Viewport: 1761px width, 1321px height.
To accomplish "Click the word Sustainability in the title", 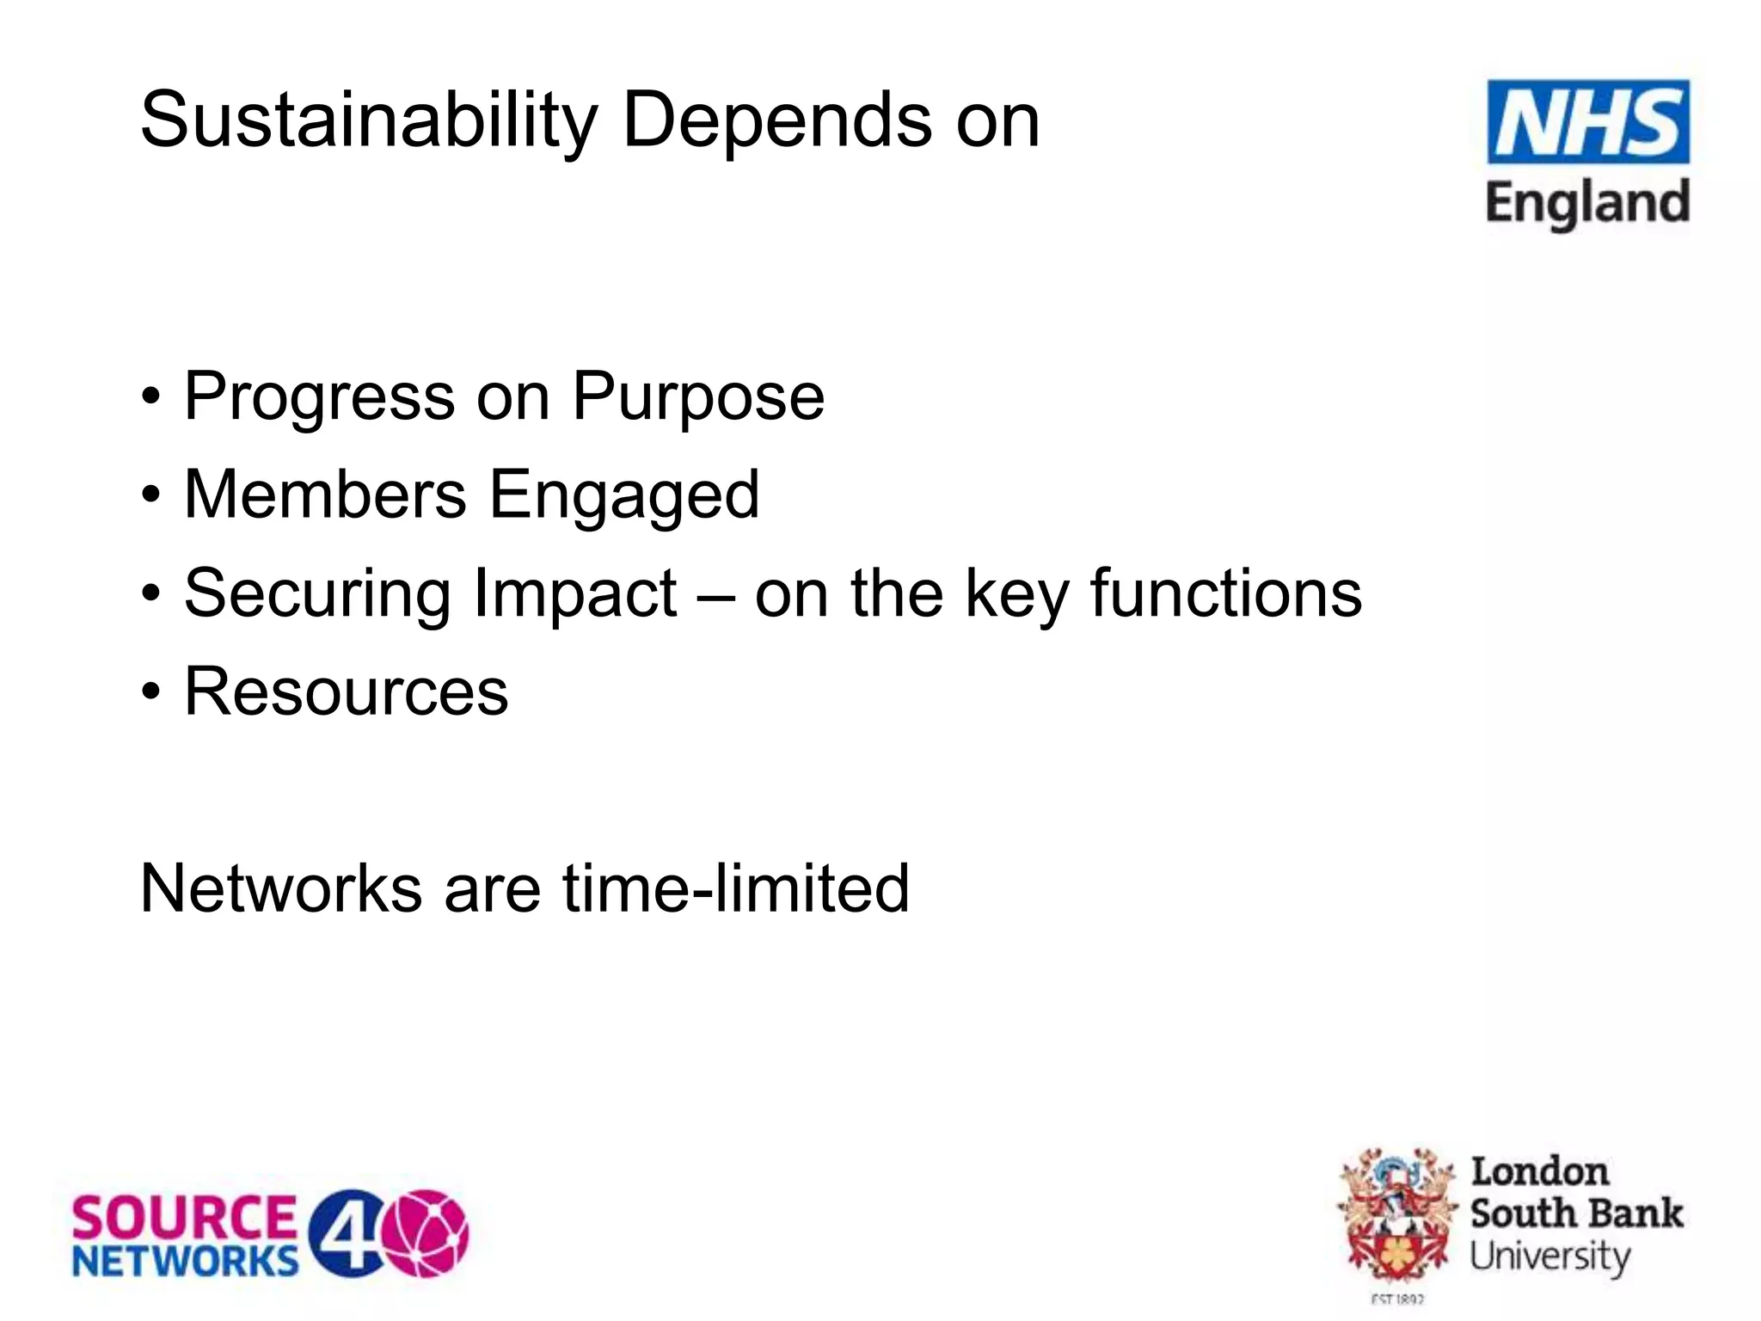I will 368,120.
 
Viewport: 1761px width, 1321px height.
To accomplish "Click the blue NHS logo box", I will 1587,121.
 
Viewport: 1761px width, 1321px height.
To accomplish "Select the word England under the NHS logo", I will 1587,204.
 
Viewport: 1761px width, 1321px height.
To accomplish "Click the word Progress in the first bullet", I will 319,397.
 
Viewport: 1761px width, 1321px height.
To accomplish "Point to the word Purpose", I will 697,397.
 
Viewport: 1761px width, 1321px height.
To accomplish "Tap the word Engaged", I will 624,497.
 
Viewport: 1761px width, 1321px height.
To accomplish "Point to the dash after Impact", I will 715,595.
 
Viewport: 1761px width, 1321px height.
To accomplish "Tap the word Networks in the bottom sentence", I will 280,888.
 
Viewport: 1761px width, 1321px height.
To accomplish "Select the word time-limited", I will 736,888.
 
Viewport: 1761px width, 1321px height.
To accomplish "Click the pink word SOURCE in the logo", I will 183,1219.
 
